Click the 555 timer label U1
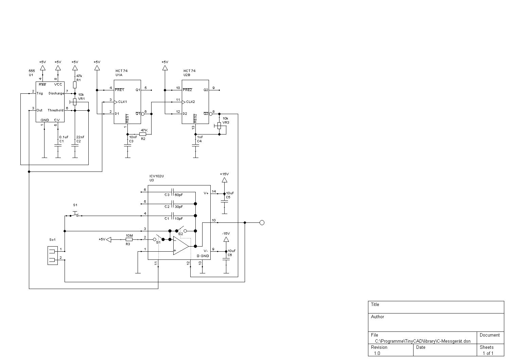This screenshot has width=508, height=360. point(31,74)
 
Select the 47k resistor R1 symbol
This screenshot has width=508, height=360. point(75,85)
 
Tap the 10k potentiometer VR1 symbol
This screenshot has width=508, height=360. point(75,102)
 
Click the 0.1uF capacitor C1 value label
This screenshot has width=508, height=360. point(64,137)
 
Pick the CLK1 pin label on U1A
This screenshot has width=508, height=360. point(122,102)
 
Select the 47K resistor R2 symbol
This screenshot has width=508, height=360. point(143,134)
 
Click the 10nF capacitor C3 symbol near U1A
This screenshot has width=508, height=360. point(127,145)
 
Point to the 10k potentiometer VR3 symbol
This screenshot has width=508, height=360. point(219,126)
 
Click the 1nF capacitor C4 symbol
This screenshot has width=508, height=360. point(195,145)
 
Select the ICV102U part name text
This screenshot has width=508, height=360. point(157,176)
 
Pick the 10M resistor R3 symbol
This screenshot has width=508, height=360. point(129,239)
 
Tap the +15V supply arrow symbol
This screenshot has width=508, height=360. point(224,180)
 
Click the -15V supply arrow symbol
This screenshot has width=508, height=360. point(226,239)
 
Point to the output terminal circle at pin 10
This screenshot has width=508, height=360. point(262,222)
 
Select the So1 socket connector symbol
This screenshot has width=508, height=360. point(52,255)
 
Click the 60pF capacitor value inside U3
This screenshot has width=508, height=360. point(179,195)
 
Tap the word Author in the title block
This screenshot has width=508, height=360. point(378,317)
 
